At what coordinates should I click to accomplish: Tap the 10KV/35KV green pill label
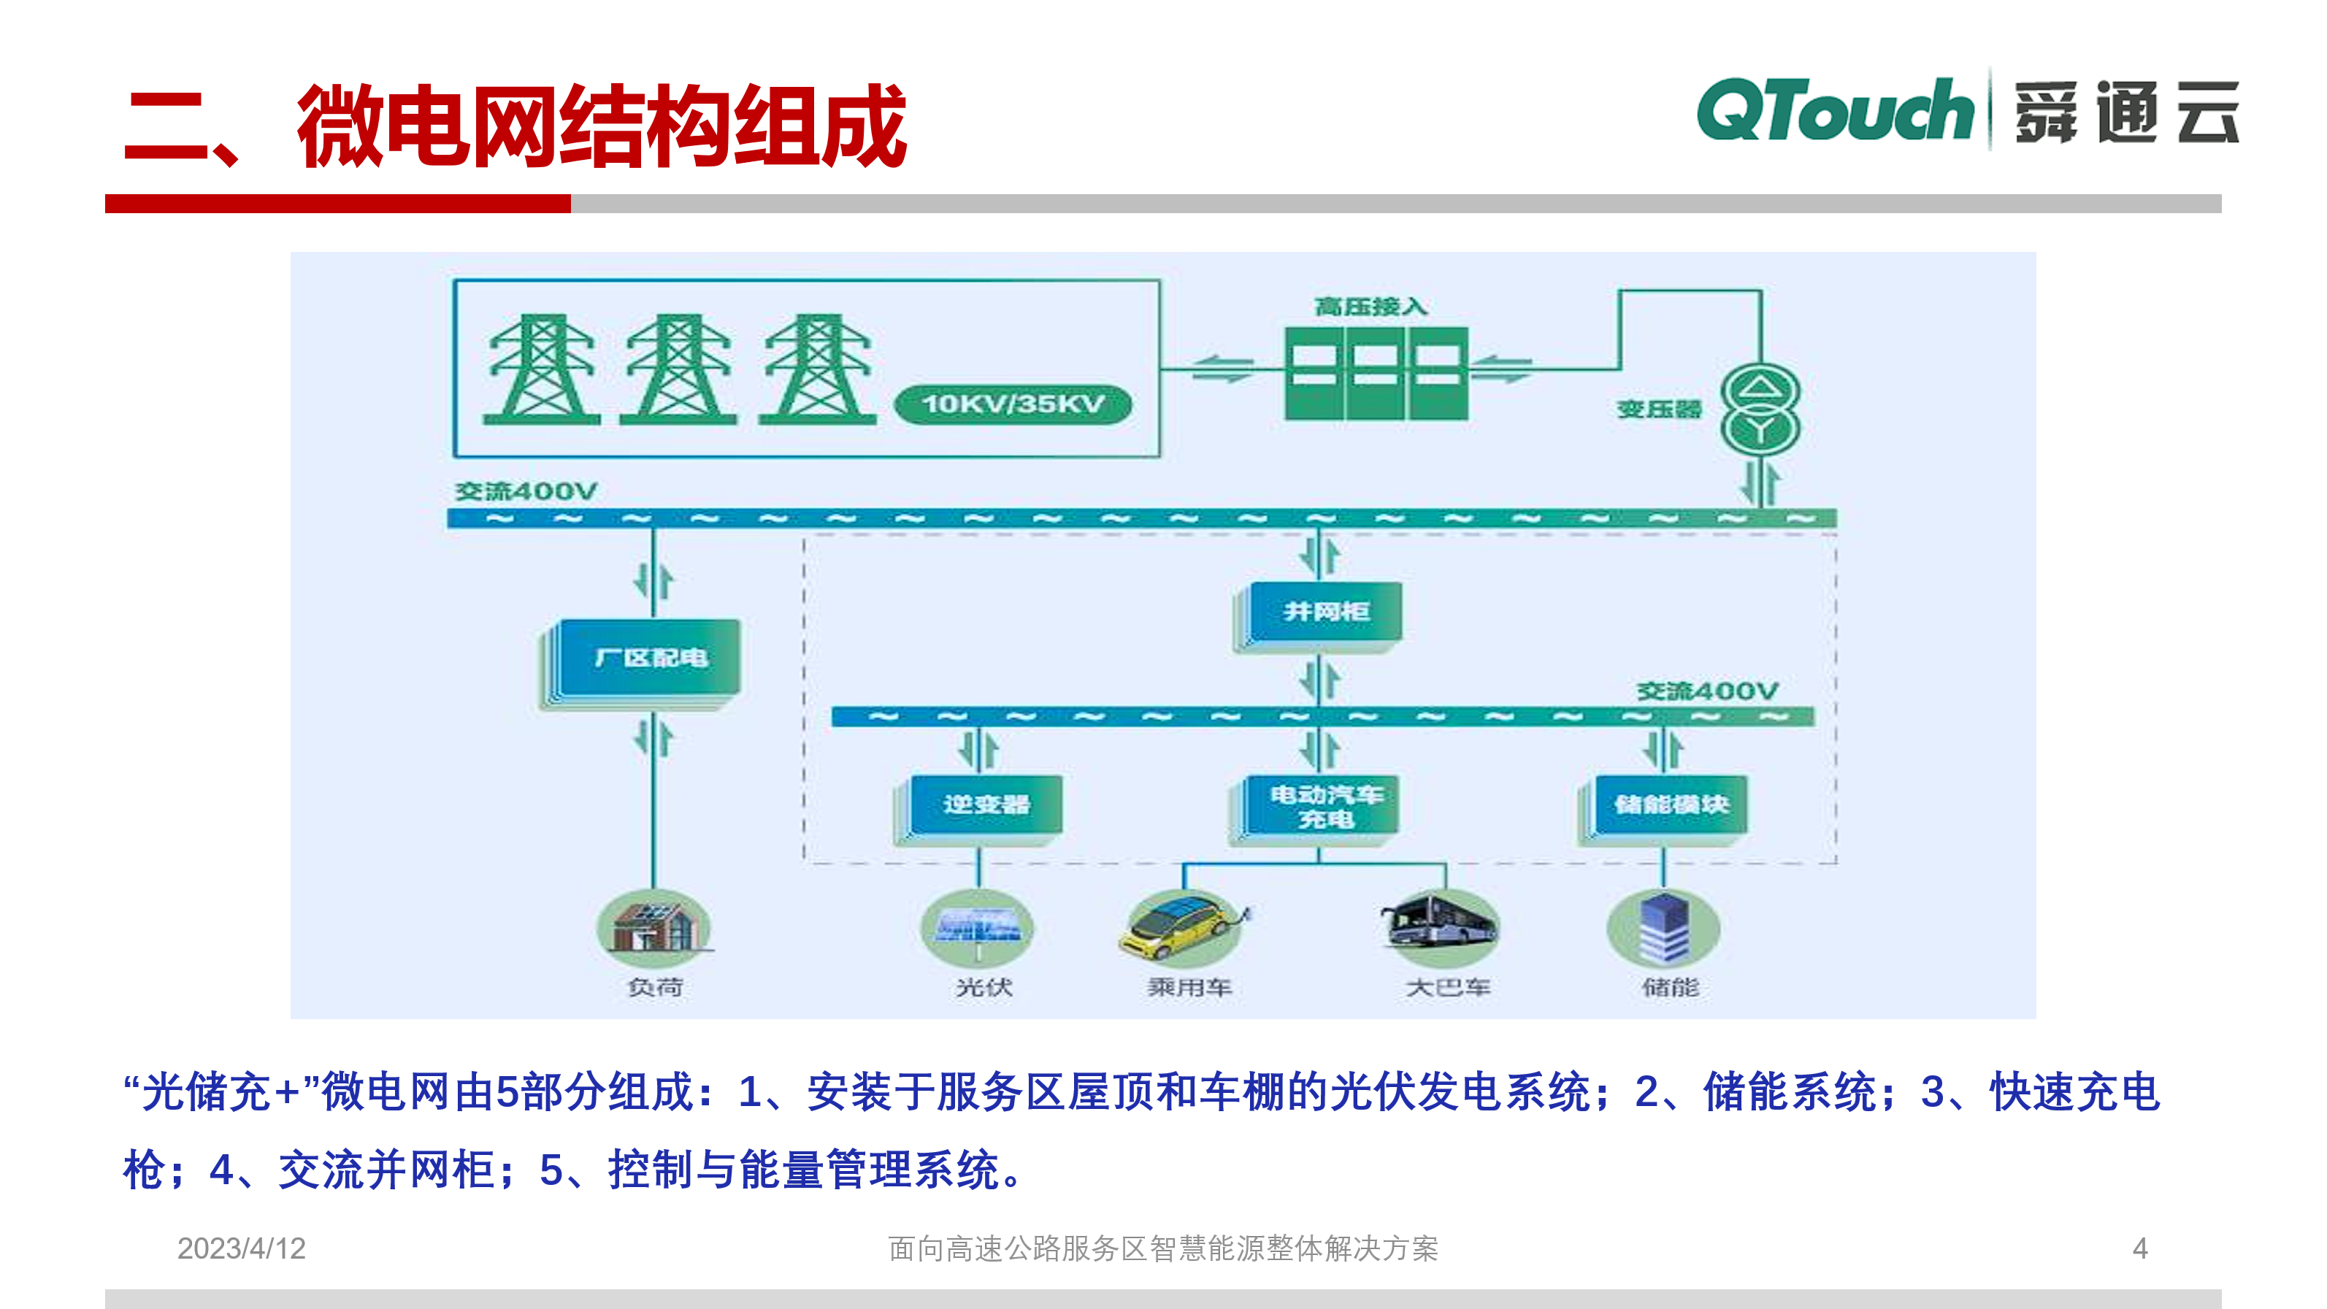click(x=1013, y=404)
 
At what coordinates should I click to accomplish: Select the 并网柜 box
click(x=1324, y=612)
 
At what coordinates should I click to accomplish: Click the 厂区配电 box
click(x=650, y=658)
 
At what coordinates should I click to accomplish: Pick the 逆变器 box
click(x=986, y=804)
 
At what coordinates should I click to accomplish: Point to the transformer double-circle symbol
click(x=1760, y=410)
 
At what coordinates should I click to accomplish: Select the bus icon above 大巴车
click(x=1440, y=924)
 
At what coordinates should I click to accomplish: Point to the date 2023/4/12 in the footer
click(x=241, y=1248)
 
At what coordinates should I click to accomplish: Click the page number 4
click(x=2140, y=1248)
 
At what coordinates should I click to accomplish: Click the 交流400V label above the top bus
click(x=526, y=491)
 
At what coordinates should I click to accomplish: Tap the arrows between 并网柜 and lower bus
click(x=1321, y=680)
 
